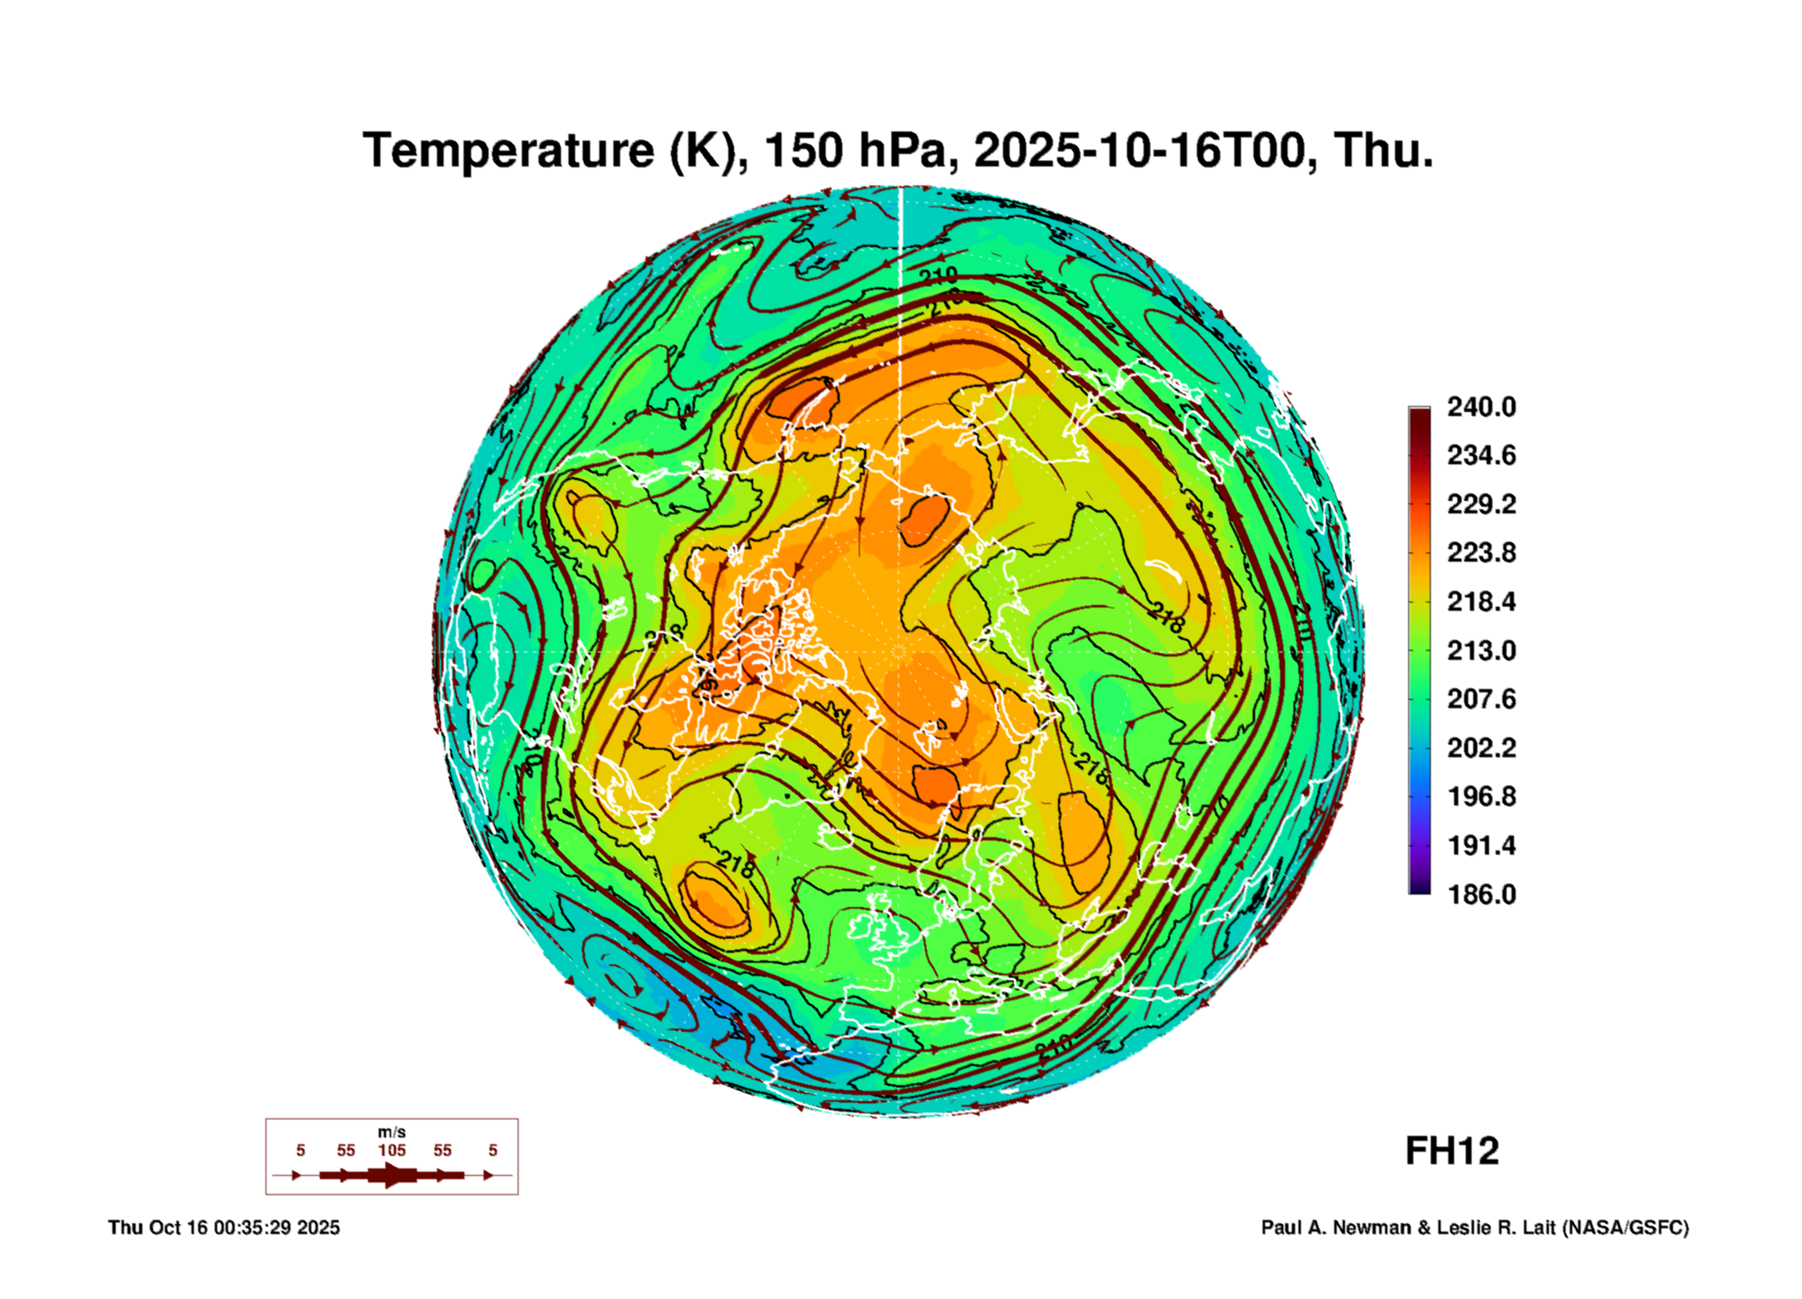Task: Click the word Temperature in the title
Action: (x=508, y=151)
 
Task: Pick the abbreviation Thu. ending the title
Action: (x=1383, y=151)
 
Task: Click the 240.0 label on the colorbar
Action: (x=1481, y=407)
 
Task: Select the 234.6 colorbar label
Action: (x=1481, y=455)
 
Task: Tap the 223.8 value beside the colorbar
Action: (x=1481, y=553)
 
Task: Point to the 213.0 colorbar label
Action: (x=1481, y=650)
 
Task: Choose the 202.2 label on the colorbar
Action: (x=1481, y=747)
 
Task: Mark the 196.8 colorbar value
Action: (x=1481, y=796)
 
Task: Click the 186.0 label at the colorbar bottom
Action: (x=1481, y=894)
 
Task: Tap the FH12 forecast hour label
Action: (x=1452, y=1151)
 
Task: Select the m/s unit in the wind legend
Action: (x=391, y=1133)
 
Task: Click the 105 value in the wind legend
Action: (x=391, y=1150)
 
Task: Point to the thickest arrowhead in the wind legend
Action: (x=391, y=1175)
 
